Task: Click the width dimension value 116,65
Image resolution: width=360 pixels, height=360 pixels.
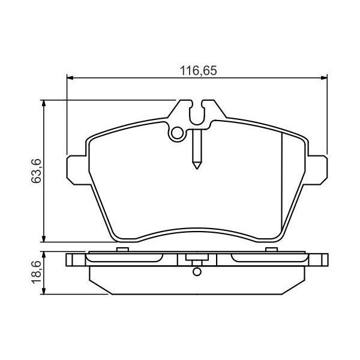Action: coord(197,70)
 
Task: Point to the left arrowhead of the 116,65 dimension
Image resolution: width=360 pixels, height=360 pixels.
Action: coord(70,77)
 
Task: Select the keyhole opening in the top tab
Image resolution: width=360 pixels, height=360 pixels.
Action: coord(196,112)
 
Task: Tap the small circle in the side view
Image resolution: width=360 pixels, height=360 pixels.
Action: coord(196,271)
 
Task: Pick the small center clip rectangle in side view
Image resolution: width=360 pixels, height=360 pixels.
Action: coord(196,260)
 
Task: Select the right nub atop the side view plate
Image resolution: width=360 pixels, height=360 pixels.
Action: coord(271,249)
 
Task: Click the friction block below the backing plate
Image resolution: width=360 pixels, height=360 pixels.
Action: coord(196,282)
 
